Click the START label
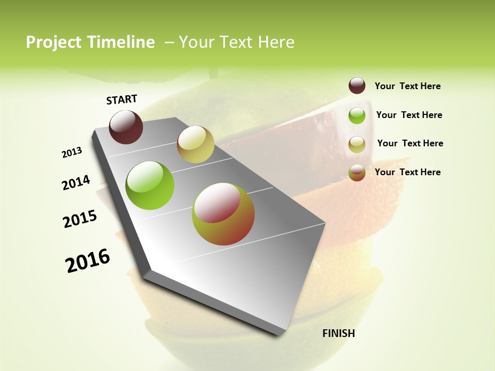[x=122, y=99]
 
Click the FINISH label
[x=339, y=333]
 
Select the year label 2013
[x=72, y=153]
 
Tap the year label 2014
[x=76, y=183]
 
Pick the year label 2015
[x=80, y=219]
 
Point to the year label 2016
[x=88, y=261]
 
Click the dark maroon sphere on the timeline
[x=126, y=127]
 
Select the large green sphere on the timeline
[x=150, y=185]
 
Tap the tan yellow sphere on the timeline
[x=195, y=144]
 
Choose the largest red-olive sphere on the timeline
[x=223, y=214]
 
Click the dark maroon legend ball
[x=357, y=86]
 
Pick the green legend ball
[x=357, y=115]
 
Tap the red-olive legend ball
[x=357, y=173]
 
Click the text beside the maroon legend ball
[x=407, y=86]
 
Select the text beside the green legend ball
[x=409, y=115]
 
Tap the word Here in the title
[x=276, y=42]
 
